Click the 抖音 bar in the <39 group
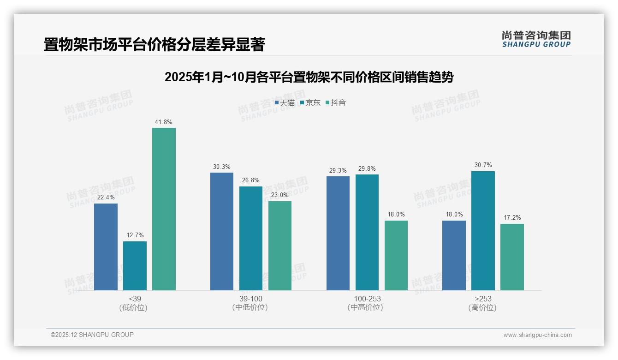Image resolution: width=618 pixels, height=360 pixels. (164, 209)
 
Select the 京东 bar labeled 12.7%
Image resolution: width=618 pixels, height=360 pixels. (135, 266)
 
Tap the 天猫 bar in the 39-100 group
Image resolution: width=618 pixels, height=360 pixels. (222, 231)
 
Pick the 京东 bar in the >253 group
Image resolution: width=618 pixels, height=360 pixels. (483, 231)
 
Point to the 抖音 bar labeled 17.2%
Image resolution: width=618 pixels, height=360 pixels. (512, 257)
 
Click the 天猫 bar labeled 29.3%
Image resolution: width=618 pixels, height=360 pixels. (338, 233)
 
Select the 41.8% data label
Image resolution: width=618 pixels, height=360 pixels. (164, 122)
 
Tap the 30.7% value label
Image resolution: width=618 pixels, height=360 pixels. (483, 165)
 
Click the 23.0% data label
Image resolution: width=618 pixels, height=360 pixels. (280, 195)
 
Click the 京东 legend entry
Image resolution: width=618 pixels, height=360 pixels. (310, 103)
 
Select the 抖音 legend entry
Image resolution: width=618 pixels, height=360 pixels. (336, 103)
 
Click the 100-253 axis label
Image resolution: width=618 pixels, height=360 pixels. (367, 299)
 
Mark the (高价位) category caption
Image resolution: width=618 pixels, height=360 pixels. (482, 307)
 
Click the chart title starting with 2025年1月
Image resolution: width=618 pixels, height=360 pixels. (309, 77)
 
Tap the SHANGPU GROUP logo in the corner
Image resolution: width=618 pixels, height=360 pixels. (536, 39)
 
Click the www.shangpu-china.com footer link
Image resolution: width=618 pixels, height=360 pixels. (537, 335)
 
